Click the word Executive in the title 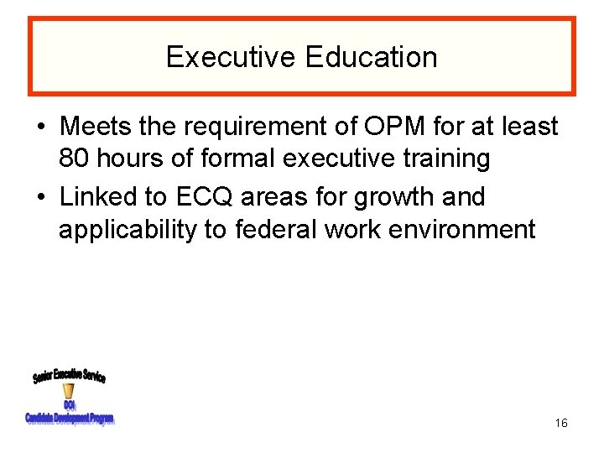[x=232, y=57]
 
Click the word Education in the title [x=371, y=57]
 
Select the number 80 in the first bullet [x=76, y=159]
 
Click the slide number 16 [x=561, y=423]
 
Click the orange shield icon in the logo [x=69, y=392]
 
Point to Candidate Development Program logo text [x=70, y=418]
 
